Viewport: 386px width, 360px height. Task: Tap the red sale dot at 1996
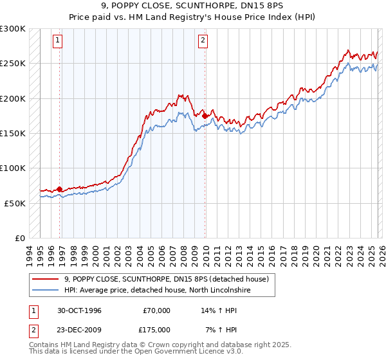[x=60, y=189]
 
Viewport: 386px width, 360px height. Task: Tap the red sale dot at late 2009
[x=205, y=116]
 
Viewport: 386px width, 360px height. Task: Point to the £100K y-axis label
[x=13, y=168]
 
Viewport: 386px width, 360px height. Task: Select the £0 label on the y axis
[x=19, y=238]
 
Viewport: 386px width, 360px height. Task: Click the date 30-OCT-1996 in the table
[x=79, y=310]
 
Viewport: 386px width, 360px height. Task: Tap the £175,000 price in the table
[x=156, y=330]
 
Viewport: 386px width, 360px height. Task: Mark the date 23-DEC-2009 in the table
[x=79, y=330]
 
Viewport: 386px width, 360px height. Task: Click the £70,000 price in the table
[x=156, y=310]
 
